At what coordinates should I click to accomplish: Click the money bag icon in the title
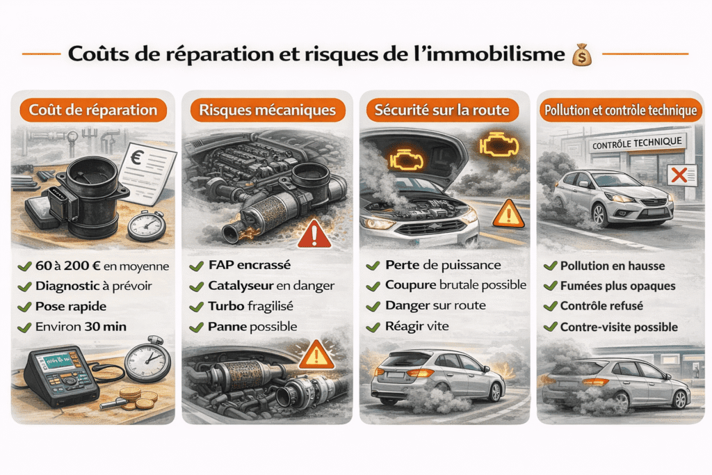point(582,54)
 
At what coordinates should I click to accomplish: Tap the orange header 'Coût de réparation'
point(93,110)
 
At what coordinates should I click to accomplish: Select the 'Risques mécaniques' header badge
point(268,110)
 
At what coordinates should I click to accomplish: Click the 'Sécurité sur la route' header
point(442,110)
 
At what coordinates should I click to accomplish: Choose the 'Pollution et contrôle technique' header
point(621,110)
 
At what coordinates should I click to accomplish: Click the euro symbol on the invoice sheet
point(136,157)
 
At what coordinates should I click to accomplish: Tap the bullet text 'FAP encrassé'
point(250,265)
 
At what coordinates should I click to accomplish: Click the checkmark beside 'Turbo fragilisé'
point(197,307)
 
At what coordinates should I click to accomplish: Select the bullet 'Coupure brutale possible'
point(455,284)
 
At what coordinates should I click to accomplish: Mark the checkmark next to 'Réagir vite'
point(373,327)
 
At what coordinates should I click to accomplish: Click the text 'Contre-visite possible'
point(619,327)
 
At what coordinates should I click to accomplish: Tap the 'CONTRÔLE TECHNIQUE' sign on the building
point(637,143)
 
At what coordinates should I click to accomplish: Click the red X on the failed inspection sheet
point(679,175)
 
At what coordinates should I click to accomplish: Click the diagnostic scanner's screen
point(58,362)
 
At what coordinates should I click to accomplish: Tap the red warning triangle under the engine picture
point(314,234)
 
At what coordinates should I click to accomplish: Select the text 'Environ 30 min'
point(81,327)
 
